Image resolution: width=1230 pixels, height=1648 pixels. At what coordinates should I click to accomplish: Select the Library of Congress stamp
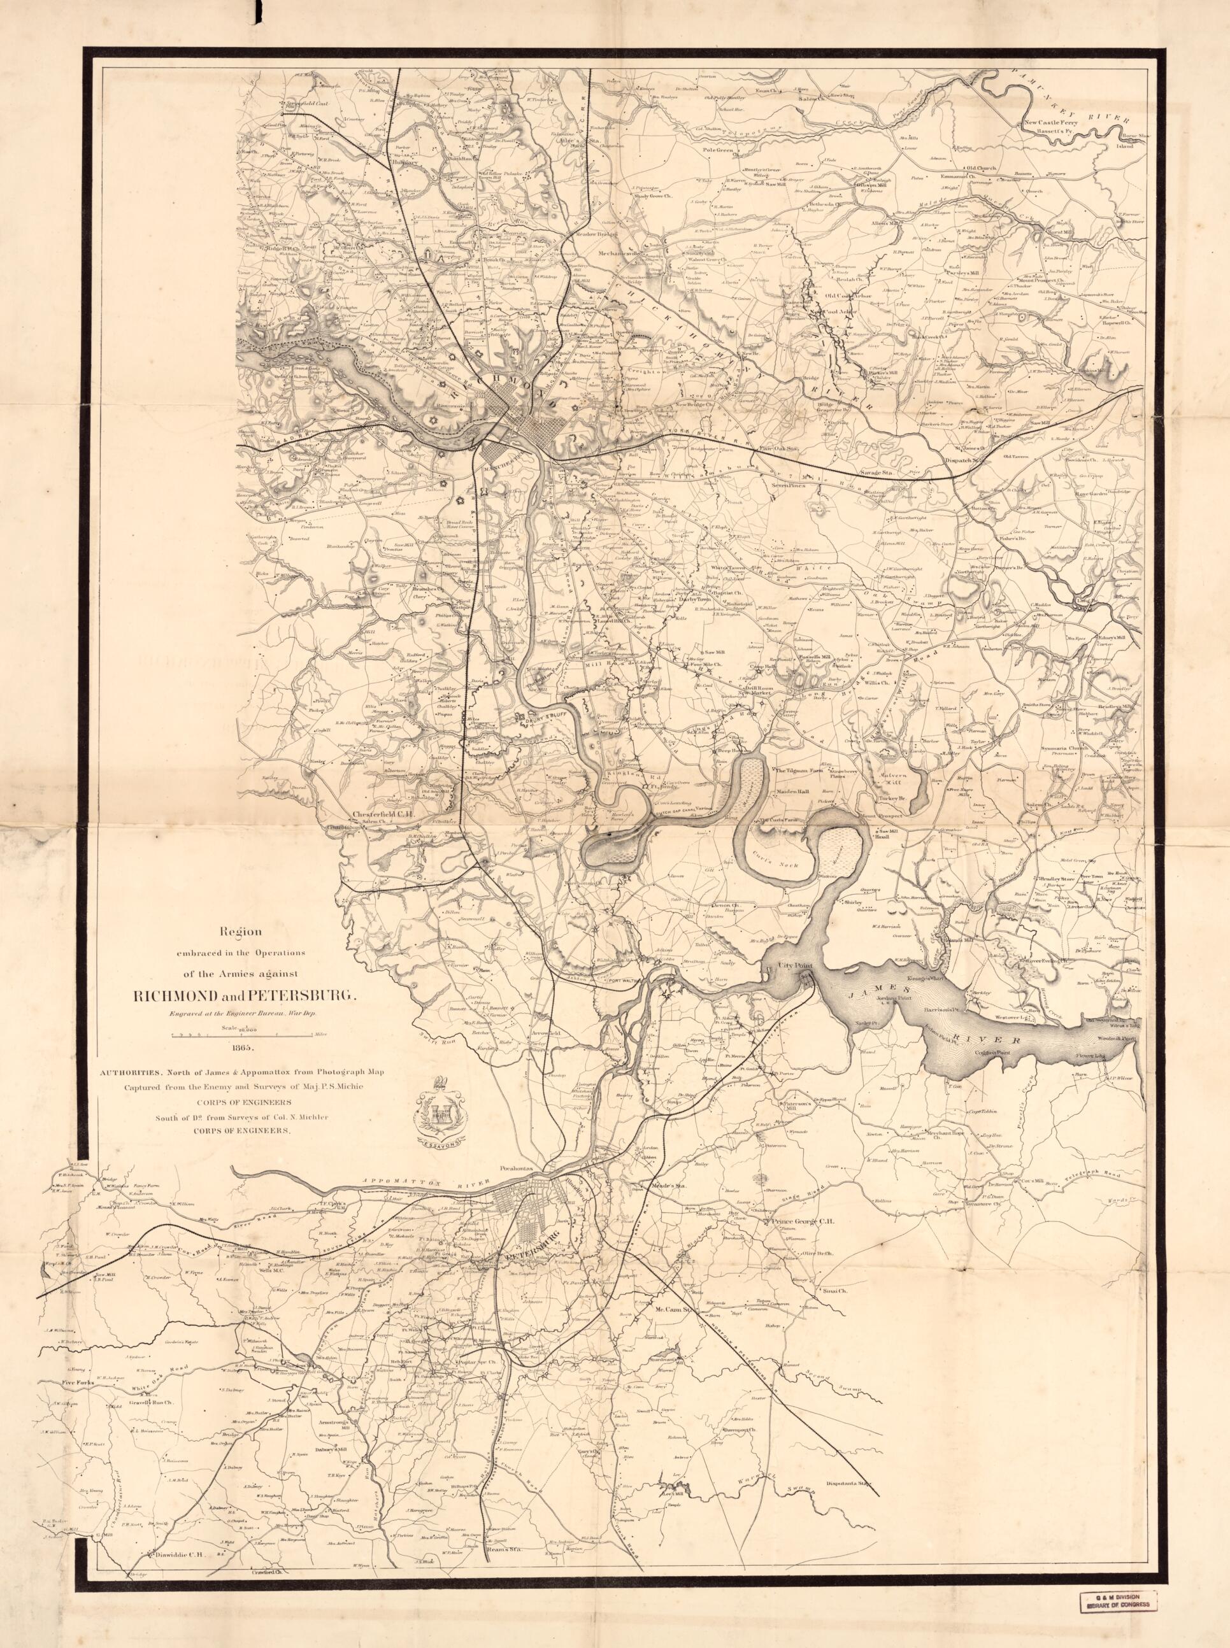pyautogui.click(x=1119, y=1612)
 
